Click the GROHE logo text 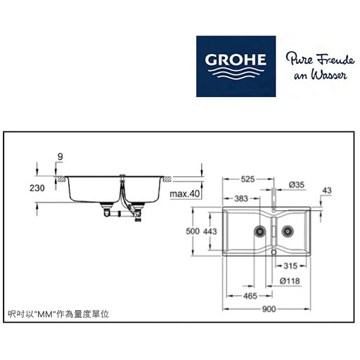tap(236, 60)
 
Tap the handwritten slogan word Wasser tap(328, 75)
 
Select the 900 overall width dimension tap(269, 309)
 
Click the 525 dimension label tap(247, 179)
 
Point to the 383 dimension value tap(241, 199)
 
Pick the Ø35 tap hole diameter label tap(297, 185)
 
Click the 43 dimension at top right tap(327, 191)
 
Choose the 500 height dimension tap(193, 231)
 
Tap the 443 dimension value tap(210, 231)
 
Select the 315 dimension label tap(290, 266)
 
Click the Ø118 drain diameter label tap(290, 281)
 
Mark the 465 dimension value tap(250, 296)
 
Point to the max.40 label tap(185, 194)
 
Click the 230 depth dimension tap(37, 188)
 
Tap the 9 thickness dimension tap(60, 156)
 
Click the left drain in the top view tap(259, 231)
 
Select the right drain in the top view tap(288, 231)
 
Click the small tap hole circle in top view tap(274, 211)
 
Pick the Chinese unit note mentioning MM tap(58, 314)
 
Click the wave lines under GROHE tap(236, 73)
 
